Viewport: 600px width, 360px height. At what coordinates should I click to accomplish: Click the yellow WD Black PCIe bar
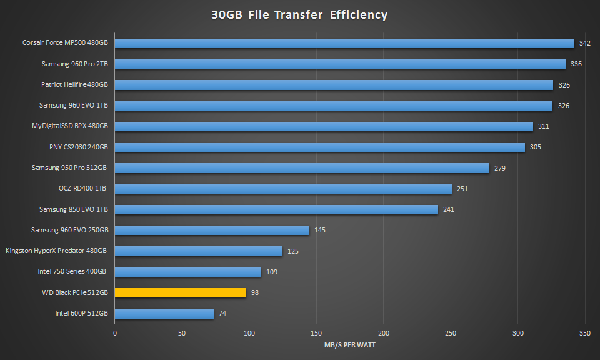(181, 292)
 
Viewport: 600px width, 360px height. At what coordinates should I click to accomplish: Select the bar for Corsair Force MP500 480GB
(344, 43)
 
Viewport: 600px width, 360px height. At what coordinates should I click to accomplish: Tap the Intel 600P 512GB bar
(164, 314)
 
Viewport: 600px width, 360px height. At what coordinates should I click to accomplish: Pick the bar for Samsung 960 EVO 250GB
(212, 230)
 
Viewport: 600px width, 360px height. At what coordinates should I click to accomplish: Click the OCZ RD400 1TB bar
(283, 189)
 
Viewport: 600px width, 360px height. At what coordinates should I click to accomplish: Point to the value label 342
(585, 43)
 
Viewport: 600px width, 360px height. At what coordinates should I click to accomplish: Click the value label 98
(256, 292)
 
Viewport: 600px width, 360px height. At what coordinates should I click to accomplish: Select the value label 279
(500, 168)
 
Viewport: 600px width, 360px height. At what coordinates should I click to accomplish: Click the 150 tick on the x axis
(316, 333)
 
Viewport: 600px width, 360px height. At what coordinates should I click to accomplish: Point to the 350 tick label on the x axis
(585, 333)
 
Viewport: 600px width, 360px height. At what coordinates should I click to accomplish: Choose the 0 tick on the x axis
(115, 333)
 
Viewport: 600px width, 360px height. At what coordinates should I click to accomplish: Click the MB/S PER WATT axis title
(351, 344)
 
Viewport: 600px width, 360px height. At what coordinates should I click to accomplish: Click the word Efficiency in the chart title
(359, 14)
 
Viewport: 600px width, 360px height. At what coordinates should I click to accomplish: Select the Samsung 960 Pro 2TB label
(75, 64)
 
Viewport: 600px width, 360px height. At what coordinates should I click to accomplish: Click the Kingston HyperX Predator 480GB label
(56, 251)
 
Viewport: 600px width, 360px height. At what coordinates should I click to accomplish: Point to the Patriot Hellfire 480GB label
(74, 84)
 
